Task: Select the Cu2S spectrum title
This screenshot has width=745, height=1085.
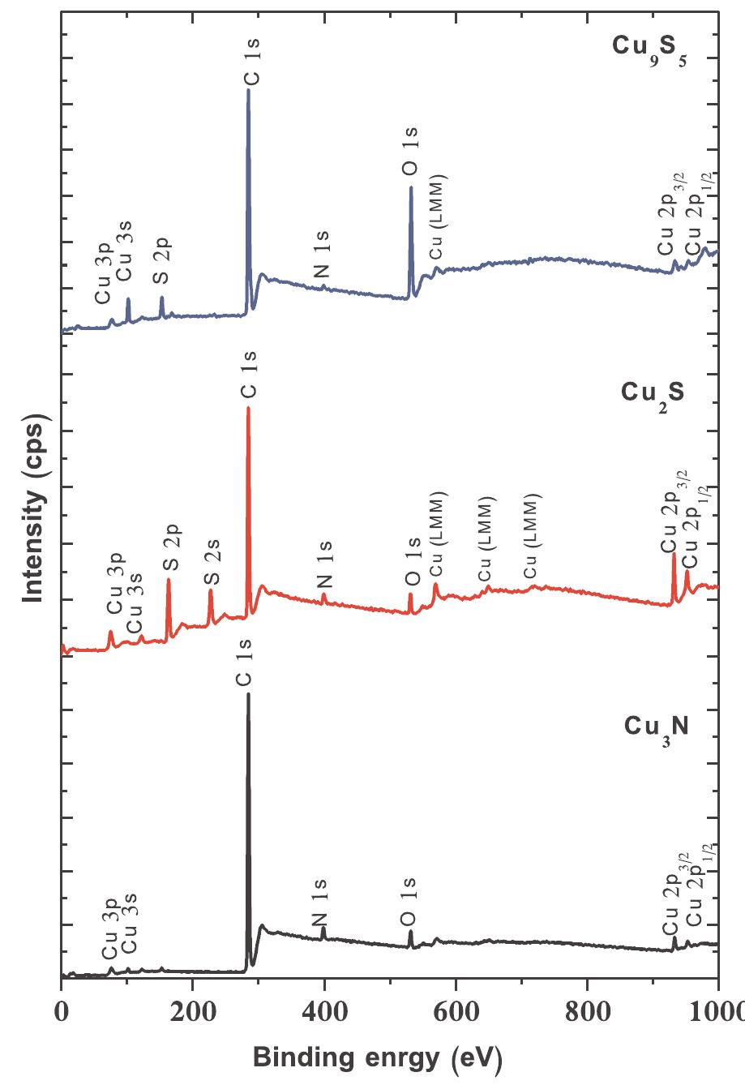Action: tap(653, 392)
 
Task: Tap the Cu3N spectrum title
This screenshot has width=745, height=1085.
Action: tap(657, 725)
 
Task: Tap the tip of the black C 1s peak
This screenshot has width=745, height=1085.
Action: tap(248, 694)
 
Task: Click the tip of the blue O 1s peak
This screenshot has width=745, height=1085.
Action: tap(411, 187)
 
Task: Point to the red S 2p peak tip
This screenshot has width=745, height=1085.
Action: tap(169, 579)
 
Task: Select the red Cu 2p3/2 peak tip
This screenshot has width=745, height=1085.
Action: tap(674, 554)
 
